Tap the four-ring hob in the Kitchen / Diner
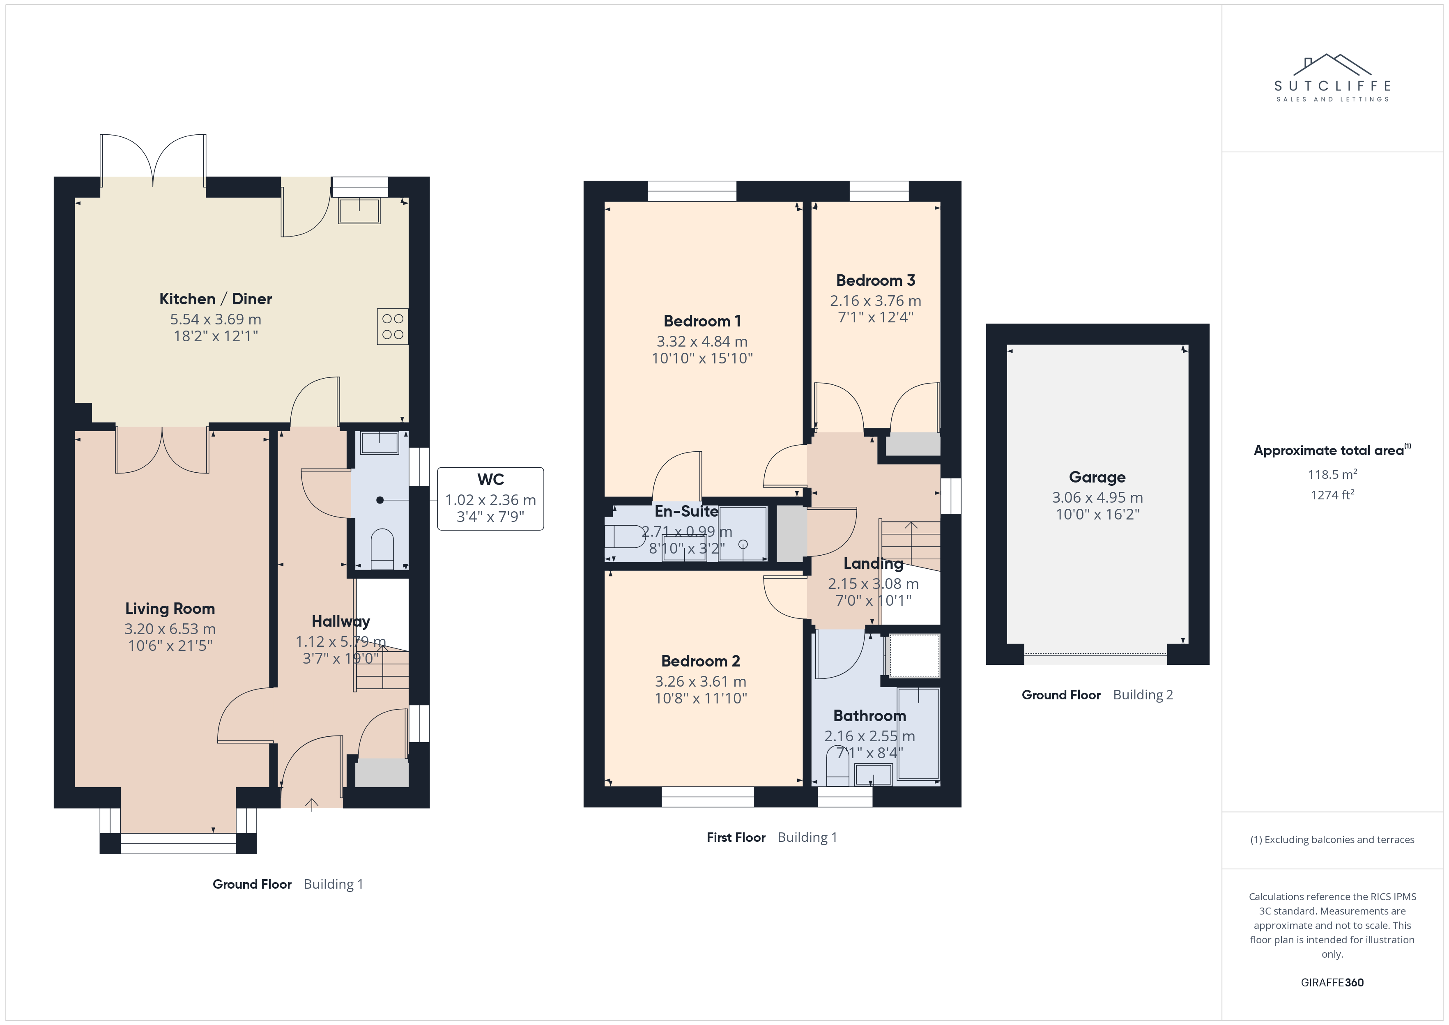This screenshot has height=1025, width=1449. [393, 326]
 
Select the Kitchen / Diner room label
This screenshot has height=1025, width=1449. [216, 299]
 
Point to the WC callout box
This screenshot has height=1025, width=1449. [490, 499]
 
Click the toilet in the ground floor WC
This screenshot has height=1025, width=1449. [382, 548]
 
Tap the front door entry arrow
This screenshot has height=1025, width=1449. [312, 804]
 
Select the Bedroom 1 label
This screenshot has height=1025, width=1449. [702, 321]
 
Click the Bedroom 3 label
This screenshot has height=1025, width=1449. [875, 280]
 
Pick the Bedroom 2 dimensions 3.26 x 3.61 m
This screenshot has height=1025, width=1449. [701, 682]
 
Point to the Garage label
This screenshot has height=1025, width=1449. [1097, 478]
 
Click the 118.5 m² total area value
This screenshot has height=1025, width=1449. [1332, 474]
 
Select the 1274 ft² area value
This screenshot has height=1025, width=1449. [1332, 495]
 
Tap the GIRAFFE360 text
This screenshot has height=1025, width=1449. [1332, 983]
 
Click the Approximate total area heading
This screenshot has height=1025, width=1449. [1332, 450]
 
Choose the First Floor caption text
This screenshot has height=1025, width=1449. [736, 838]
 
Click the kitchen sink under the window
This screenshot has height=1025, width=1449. [359, 211]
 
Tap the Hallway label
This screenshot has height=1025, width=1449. [341, 622]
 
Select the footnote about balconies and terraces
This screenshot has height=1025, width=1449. [1332, 839]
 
